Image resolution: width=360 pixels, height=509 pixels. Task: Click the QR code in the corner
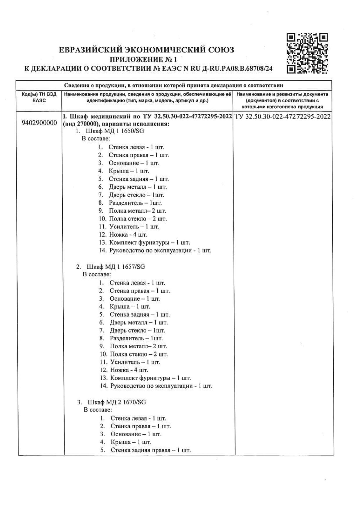pos(307,53)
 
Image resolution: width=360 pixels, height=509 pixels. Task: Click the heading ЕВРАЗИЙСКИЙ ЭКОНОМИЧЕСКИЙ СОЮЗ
pos(147,50)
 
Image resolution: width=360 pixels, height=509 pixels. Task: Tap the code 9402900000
pos(39,123)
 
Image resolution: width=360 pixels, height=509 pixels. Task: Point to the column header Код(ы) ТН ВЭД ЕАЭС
pos(39,97)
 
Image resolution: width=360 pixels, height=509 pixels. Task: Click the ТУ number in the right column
pos(282,117)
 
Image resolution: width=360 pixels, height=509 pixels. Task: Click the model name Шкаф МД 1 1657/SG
pos(116,266)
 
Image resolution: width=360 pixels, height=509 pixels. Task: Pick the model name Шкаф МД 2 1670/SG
pos(117,402)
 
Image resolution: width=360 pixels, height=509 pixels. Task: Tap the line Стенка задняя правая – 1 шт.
pos(150,450)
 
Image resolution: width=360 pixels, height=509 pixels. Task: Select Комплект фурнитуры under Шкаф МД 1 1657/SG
pos(150,378)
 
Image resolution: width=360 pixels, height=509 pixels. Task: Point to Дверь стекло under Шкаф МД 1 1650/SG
pos(136,195)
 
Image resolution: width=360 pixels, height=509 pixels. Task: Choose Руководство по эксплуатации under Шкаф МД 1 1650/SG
pos(160,250)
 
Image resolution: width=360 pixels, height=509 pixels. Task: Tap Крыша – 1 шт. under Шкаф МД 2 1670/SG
pos(131,442)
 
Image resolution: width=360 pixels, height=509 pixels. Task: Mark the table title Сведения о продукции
pos(173,85)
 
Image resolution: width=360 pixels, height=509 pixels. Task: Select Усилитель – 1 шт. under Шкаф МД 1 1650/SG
pos(134,226)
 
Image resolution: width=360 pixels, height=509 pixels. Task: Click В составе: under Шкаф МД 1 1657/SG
pos(97,274)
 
